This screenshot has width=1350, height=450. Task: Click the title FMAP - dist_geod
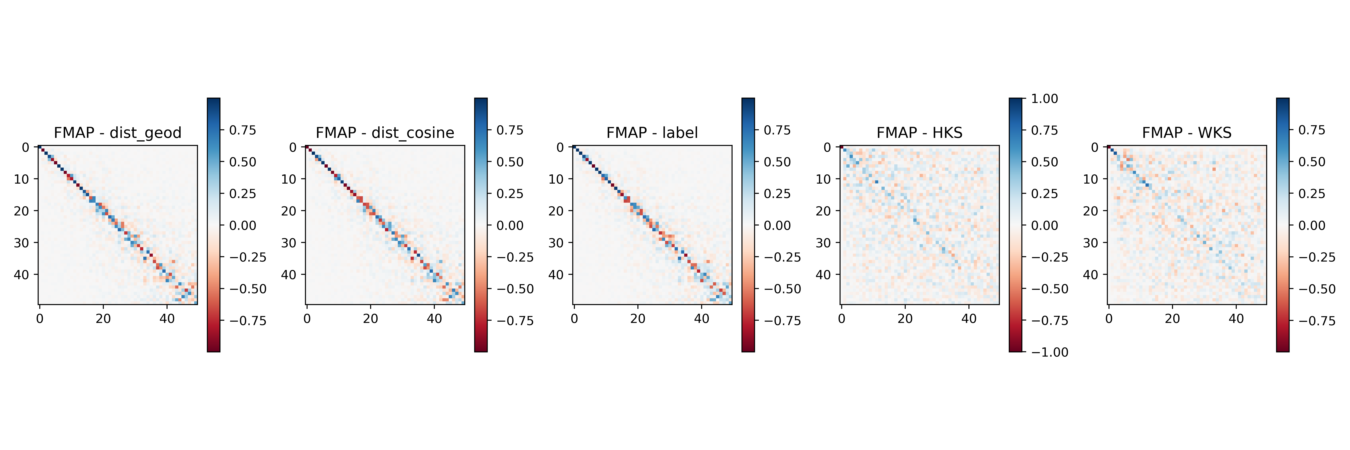(117, 132)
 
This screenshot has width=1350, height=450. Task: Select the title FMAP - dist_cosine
(385, 132)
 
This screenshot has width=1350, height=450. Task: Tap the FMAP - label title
(652, 132)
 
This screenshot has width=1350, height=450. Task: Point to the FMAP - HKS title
(919, 132)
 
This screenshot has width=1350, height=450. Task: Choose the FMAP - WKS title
(1187, 132)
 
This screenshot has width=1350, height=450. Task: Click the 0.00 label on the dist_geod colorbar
(243, 225)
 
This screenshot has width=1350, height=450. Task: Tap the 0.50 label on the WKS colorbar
(1312, 162)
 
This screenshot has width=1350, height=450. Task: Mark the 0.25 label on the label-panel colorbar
(777, 194)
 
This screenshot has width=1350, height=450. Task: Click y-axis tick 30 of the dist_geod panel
(21, 242)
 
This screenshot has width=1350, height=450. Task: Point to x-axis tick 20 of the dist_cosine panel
(370, 318)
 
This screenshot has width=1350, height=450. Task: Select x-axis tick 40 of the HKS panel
(968, 318)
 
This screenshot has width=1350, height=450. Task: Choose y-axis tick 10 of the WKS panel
(1091, 179)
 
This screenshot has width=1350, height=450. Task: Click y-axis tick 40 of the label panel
(556, 274)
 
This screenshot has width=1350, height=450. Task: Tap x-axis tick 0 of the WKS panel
(1109, 318)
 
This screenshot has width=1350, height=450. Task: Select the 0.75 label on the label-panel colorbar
(777, 130)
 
